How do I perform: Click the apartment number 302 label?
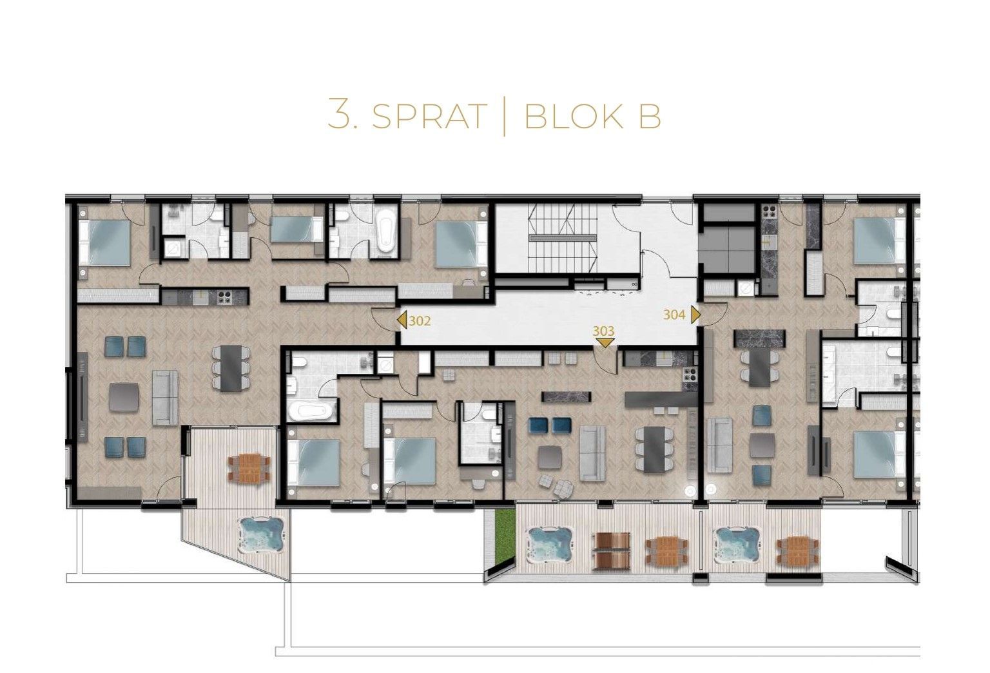(x=420, y=320)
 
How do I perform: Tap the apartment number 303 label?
(x=604, y=331)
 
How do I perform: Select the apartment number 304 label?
(x=674, y=315)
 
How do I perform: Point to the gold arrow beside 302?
(x=402, y=320)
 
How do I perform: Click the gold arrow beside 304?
(x=696, y=315)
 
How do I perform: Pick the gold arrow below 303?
(x=604, y=343)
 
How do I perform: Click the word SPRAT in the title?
(x=428, y=116)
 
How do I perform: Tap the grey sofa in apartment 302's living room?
(x=164, y=397)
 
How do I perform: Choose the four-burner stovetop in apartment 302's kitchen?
(x=224, y=297)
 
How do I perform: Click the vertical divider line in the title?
(x=505, y=116)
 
